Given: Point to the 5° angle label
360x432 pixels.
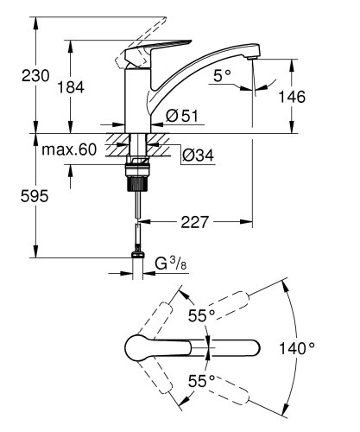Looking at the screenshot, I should [220, 77].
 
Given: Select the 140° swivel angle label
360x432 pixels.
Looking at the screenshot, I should [298, 349].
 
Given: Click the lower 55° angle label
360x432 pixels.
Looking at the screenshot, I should [203, 379].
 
